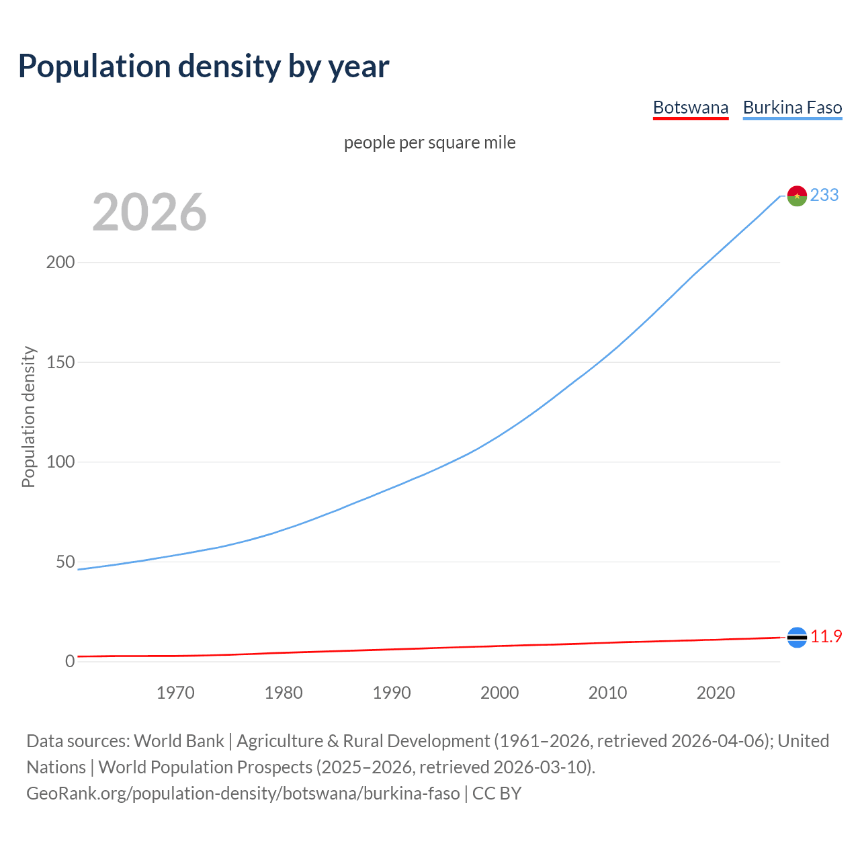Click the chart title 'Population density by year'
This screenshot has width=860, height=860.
(x=204, y=67)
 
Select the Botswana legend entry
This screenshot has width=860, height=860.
(x=690, y=107)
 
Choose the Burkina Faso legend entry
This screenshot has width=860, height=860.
(x=792, y=107)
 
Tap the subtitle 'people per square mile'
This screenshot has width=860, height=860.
(x=429, y=142)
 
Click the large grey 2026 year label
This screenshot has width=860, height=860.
(x=149, y=212)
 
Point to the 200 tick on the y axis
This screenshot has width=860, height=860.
(x=60, y=262)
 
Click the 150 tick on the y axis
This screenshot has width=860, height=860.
(x=60, y=362)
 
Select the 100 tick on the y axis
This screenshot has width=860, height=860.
(x=60, y=462)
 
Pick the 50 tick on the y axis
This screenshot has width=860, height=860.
(x=65, y=562)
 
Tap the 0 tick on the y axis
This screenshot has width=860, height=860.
(x=70, y=661)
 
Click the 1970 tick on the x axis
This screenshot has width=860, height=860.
(x=175, y=693)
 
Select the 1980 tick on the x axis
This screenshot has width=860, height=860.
(x=284, y=693)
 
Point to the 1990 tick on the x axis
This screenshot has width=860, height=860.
(x=392, y=693)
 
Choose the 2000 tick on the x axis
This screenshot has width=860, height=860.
(x=500, y=693)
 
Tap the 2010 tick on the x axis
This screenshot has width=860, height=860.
(x=607, y=693)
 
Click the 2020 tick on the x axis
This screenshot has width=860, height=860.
(x=716, y=693)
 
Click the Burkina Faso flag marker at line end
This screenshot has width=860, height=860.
(x=797, y=196)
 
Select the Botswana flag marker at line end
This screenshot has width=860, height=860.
(x=797, y=637)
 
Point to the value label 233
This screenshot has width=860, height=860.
(x=824, y=195)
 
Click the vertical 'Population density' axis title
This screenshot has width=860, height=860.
(x=28, y=417)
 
